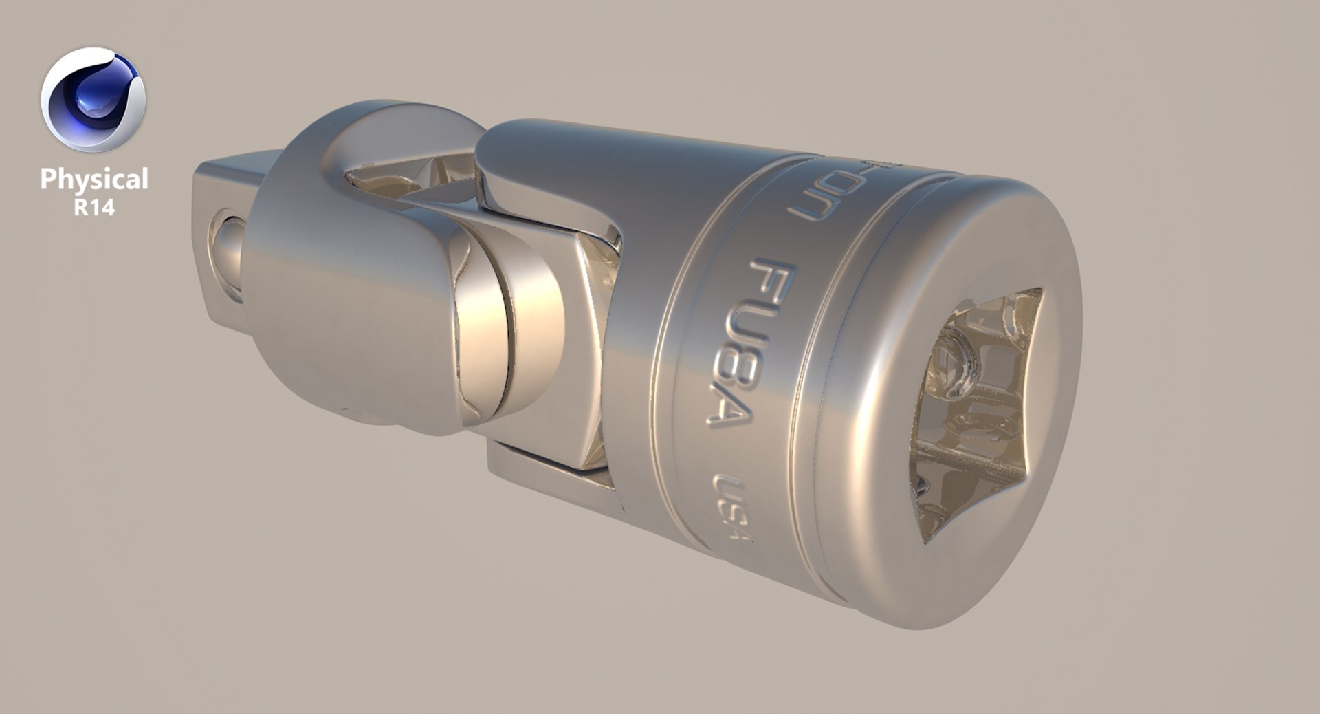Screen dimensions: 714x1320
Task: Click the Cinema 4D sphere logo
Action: (x=93, y=99)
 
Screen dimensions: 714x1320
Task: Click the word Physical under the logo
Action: (x=94, y=179)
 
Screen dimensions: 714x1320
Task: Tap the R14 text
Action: (x=94, y=208)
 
